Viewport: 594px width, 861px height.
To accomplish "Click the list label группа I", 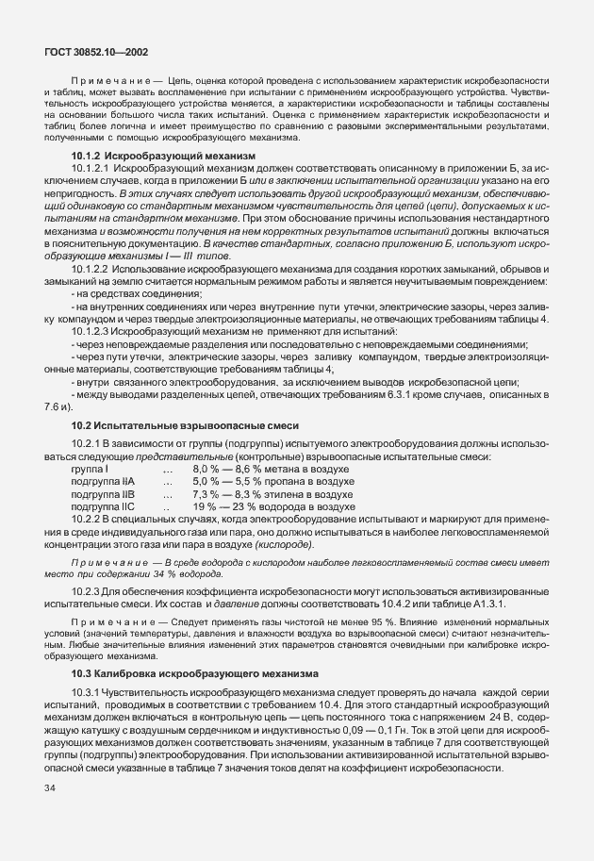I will (x=90, y=468).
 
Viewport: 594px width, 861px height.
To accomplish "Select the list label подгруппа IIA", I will (x=104, y=481).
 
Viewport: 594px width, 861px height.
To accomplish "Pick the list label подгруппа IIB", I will (x=104, y=493).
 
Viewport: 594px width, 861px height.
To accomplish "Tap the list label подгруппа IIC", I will (x=104, y=506).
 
